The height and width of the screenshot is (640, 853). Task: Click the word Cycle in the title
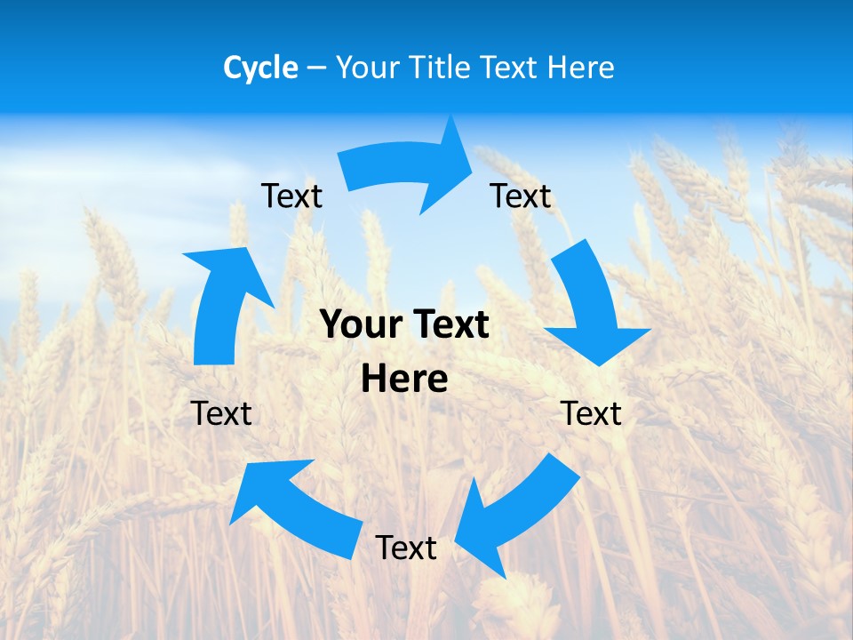pyautogui.click(x=260, y=68)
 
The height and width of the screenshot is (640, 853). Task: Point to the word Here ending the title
pyautogui.click(x=581, y=68)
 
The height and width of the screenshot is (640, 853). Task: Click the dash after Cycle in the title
pyautogui.click(x=316, y=68)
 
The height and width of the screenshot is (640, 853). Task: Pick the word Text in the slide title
pyautogui.click(x=511, y=68)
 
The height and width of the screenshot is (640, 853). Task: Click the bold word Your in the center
pyautogui.click(x=357, y=325)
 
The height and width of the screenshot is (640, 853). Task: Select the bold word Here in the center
pyautogui.click(x=404, y=380)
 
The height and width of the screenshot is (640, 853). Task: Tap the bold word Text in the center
pyautogui.click(x=449, y=325)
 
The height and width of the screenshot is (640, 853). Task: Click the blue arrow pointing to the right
pyautogui.click(x=409, y=167)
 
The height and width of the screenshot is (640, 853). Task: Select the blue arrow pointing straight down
pyautogui.click(x=590, y=307)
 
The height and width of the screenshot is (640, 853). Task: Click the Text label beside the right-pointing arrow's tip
pyautogui.click(x=521, y=196)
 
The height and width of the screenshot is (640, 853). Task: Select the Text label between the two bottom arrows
pyautogui.click(x=406, y=548)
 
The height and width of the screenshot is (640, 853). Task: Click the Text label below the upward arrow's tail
pyautogui.click(x=221, y=413)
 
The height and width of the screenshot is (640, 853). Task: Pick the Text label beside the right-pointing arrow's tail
pyautogui.click(x=291, y=196)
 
